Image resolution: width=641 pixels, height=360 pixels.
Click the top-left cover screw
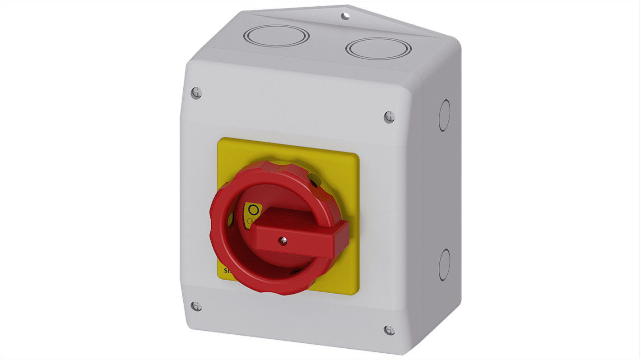(196, 93)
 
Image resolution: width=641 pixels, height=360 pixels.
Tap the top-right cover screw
(389, 117)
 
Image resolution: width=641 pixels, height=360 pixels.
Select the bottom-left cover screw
(196, 306)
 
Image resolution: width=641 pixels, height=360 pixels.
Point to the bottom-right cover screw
(389, 330)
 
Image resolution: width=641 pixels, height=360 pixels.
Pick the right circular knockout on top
(378, 48)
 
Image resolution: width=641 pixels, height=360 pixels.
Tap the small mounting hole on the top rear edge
(345, 17)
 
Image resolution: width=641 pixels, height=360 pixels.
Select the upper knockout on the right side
(444, 115)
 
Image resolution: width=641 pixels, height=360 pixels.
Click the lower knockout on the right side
(444, 265)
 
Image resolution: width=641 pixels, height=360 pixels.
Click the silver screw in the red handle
(283, 241)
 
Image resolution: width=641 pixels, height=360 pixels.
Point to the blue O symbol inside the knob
(254, 210)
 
